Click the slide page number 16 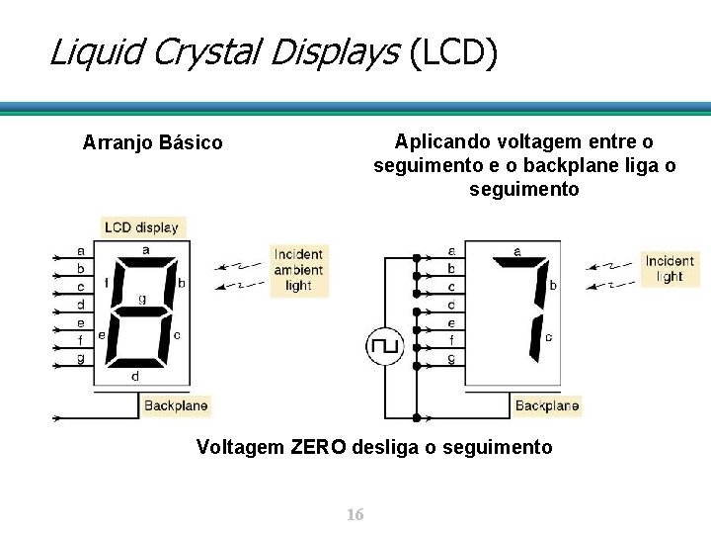click(355, 515)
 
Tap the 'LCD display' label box click(142, 226)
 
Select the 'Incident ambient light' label click(298, 270)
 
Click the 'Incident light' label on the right click(670, 268)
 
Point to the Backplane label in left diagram click(176, 405)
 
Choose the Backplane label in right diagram click(547, 405)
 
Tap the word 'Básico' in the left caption click(191, 143)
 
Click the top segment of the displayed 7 click(519, 263)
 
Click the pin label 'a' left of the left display click(80, 250)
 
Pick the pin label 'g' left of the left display click(80, 358)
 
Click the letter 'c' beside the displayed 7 click(549, 337)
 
